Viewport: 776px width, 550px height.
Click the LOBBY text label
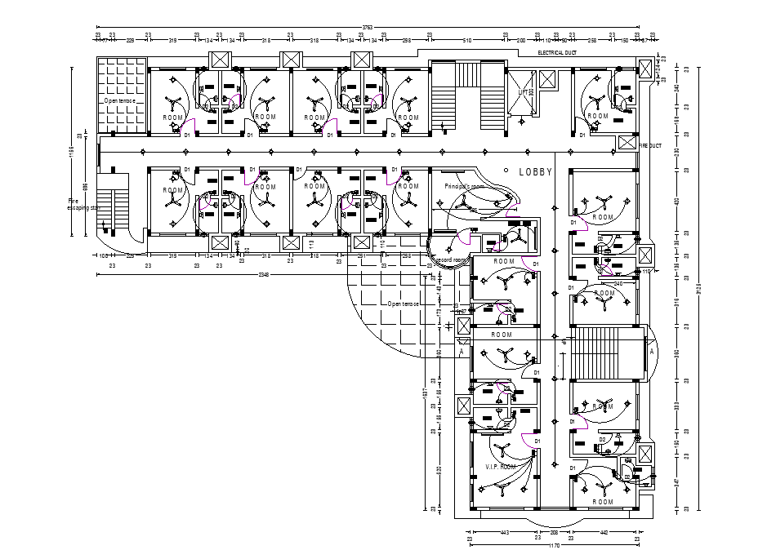[536, 172]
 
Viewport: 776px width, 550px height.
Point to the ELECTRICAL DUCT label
[557, 53]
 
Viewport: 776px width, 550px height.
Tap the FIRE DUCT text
[650, 145]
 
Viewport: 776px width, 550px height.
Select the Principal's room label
[464, 186]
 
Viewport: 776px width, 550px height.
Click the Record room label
[450, 260]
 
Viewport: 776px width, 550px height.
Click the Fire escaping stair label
[82, 203]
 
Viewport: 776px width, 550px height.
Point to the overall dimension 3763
[367, 27]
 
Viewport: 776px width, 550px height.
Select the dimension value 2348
[264, 275]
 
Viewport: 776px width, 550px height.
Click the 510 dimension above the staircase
[467, 39]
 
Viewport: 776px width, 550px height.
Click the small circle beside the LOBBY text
[506, 171]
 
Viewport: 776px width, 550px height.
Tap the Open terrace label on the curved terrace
[404, 304]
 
